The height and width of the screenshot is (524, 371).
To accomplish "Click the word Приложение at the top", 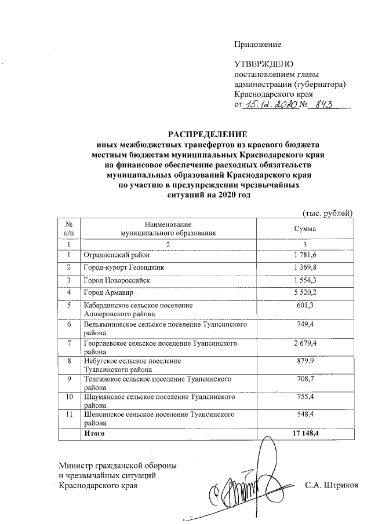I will (x=257, y=45).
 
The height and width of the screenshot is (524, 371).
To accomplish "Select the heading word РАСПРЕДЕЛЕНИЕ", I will (x=208, y=134).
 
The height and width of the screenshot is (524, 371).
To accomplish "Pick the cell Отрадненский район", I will (x=116, y=255).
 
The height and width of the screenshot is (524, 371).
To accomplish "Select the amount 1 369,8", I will (x=305, y=267).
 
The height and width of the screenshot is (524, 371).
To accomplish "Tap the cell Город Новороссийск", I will (x=117, y=280).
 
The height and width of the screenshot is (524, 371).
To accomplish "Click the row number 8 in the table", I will (x=69, y=361).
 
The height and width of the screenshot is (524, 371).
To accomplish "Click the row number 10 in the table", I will (x=69, y=398).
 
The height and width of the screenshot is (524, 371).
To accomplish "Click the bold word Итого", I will (x=94, y=433).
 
